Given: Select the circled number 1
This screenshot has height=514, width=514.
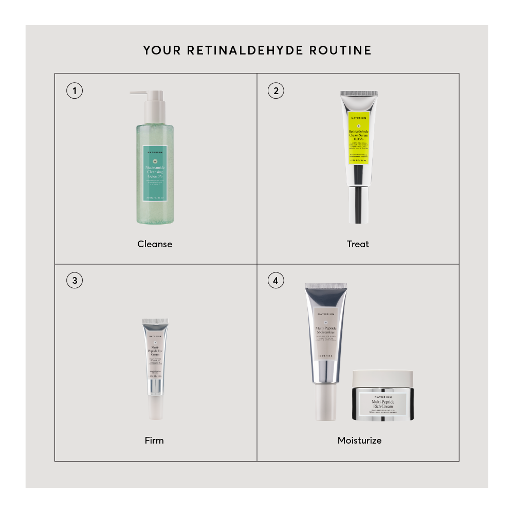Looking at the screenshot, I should coord(75,91).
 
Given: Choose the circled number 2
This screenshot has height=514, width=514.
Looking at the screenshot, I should coord(276,91).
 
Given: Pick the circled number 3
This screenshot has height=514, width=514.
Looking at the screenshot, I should coord(75,281).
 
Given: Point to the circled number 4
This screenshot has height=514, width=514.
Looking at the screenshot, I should coord(276,281).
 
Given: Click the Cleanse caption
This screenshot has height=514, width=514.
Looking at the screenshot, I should coord(155,244).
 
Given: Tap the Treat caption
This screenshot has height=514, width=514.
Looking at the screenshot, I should coord(358,244).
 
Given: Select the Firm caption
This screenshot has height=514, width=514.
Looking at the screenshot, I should coord(154,440).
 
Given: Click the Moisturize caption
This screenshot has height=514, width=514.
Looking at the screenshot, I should coord(359,440).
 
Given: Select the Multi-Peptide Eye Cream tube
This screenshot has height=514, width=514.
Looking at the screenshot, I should coord(155,360).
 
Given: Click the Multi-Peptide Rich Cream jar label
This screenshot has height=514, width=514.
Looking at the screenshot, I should coord(382,403).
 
